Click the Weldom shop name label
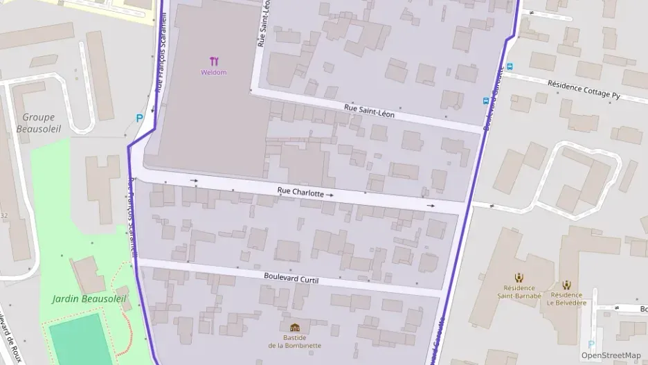[x=213, y=72]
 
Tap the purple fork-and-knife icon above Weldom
[x=213, y=61]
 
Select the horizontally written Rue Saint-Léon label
[x=369, y=111]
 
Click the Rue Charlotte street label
[x=300, y=193]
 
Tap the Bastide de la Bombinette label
[x=295, y=341]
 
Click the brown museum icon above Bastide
[x=295, y=328]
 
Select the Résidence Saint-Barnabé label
[x=519, y=292]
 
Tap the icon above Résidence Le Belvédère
[x=566, y=284]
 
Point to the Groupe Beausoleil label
[x=38, y=123]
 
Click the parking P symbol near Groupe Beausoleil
[x=139, y=118]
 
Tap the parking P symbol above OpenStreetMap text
[x=591, y=344]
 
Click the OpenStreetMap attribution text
[x=611, y=355]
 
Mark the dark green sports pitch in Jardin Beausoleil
[x=75, y=339]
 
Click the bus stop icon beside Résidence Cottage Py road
[x=510, y=66]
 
